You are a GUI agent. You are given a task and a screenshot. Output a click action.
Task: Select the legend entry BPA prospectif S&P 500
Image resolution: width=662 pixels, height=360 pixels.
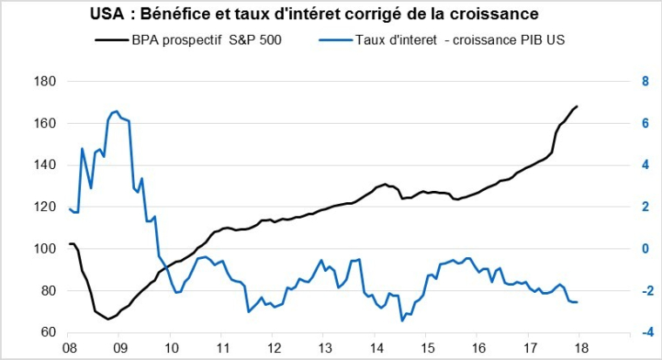click(x=206, y=39)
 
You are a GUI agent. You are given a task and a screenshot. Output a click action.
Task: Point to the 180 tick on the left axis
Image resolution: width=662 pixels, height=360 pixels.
click(x=44, y=82)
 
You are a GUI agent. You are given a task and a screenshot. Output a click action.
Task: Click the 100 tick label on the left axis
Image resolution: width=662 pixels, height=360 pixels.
click(x=44, y=249)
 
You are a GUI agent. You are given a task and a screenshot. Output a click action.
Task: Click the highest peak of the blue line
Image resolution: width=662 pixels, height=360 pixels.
click(x=116, y=112)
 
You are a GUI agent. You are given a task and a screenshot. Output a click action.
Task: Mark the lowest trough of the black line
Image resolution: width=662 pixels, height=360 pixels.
click(x=108, y=319)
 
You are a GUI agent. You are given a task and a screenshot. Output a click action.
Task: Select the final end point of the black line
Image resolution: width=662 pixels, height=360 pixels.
click(x=578, y=106)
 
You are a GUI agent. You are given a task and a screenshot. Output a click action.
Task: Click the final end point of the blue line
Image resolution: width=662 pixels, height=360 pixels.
click(x=578, y=302)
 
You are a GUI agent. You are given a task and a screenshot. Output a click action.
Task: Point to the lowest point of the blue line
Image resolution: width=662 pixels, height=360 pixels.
click(x=402, y=321)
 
